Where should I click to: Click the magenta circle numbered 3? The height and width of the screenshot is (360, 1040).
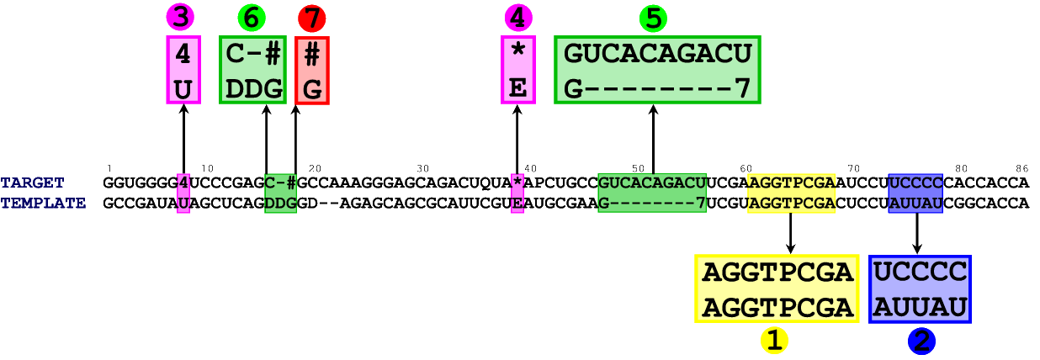click(180, 17)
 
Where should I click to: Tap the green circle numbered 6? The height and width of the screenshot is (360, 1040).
click(252, 17)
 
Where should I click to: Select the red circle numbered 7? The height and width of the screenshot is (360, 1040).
click(311, 18)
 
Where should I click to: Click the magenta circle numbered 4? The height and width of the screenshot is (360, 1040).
click(518, 17)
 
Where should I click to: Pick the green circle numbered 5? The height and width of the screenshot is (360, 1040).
click(653, 18)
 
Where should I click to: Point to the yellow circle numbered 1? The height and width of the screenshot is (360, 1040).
click(774, 340)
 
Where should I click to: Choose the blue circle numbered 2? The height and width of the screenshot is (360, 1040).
click(922, 341)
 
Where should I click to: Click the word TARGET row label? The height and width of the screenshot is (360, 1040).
click(32, 183)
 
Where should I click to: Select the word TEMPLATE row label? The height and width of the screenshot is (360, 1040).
click(43, 203)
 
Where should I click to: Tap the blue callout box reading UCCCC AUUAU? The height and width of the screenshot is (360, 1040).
click(920, 289)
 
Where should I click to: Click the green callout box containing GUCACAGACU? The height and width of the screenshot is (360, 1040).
click(657, 70)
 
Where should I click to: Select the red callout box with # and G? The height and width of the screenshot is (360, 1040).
click(312, 71)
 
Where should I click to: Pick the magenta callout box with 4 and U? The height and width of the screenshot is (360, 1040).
click(183, 70)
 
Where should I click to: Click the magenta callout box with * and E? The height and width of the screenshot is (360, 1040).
click(518, 70)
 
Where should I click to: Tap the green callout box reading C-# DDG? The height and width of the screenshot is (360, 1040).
click(252, 70)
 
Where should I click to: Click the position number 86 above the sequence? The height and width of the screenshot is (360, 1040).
click(1021, 169)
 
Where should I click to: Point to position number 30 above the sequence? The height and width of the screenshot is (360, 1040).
click(422, 169)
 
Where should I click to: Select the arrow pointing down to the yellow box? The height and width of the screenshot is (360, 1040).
click(790, 233)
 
